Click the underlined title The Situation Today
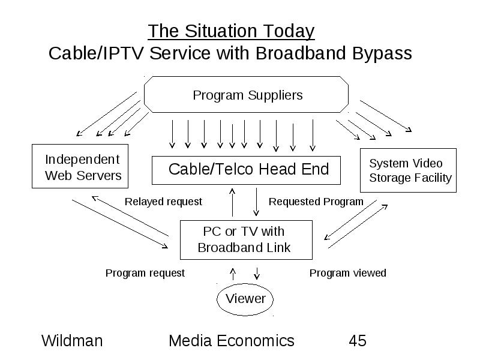click(231, 31)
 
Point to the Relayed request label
click(163, 202)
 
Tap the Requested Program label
click(316, 202)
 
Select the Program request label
click(145, 273)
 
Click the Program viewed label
click(348, 273)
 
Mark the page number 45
click(358, 341)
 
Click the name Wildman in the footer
click(72, 341)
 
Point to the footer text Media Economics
click(232, 341)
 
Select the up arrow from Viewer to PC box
click(233, 274)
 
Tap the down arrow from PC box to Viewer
click(257, 274)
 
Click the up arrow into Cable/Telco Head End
click(232, 202)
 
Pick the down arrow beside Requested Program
click(256, 202)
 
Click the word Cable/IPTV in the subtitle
click(96, 54)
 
